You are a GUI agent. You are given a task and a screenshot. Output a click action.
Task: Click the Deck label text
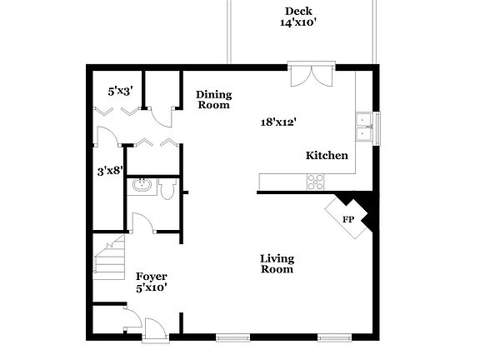tap(297, 11)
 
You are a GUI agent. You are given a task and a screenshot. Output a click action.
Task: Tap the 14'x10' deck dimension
tap(297, 23)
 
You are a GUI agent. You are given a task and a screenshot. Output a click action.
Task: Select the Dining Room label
tap(213, 100)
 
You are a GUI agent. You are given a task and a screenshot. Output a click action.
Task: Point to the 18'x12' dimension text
tap(279, 122)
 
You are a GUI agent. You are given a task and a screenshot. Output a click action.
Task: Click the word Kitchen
tap(327, 156)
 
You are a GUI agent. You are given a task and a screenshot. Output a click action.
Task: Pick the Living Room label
tap(277, 263)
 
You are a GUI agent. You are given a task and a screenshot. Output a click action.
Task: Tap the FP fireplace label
tap(348, 218)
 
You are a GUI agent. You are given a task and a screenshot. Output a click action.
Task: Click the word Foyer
tap(152, 277)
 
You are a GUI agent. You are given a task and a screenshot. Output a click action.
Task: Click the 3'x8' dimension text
tap(109, 172)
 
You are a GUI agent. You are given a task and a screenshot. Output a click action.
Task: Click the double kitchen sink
tap(363, 127)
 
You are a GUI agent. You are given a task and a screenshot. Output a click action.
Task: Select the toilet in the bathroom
tap(166, 192)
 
